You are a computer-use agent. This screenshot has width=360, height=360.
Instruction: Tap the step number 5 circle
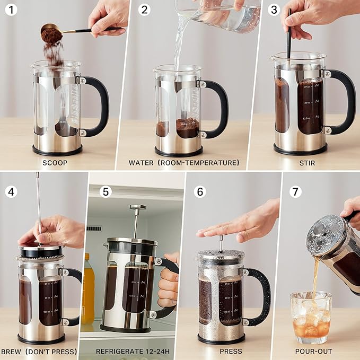[106, 191]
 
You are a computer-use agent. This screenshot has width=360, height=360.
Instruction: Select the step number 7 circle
[296, 191]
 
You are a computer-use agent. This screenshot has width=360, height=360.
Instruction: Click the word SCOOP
[55, 163]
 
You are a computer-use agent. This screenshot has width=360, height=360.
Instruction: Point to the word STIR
[307, 163]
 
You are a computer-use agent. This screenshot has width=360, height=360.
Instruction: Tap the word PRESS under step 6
[231, 351]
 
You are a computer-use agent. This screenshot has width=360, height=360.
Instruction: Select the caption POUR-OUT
[314, 351]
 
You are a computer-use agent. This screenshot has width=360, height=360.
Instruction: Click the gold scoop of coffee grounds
[52, 34]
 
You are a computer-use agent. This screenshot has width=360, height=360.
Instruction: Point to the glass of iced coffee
[311, 317]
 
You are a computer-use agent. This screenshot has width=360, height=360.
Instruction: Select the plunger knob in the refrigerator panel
[137, 208]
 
